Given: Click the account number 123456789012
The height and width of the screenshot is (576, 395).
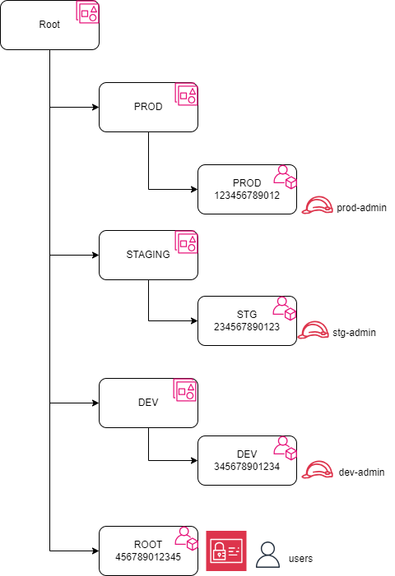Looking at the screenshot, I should (x=247, y=196).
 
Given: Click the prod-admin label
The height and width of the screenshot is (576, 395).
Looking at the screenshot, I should (x=361, y=208).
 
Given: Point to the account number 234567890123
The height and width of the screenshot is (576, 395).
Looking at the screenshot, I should (x=247, y=327).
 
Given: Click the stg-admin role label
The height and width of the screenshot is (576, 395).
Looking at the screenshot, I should (x=355, y=333).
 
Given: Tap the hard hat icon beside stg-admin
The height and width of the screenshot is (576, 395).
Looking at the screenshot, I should (x=313, y=331).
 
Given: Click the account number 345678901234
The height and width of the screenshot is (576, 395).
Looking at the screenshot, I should (x=247, y=467).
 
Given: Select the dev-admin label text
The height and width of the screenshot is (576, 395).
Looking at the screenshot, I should (x=361, y=472).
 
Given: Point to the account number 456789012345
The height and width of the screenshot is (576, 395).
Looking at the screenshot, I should (x=148, y=557).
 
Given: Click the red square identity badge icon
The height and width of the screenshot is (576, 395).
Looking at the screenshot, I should (x=225, y=551).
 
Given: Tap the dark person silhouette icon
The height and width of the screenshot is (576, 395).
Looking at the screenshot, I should (x=267, y=555).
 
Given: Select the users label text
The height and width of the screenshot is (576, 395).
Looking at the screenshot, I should (x=301, y=558).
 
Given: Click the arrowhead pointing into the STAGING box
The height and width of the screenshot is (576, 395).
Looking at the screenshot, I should (x=95, y=255).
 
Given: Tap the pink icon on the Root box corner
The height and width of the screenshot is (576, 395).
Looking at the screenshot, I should (x=88, y=12).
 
